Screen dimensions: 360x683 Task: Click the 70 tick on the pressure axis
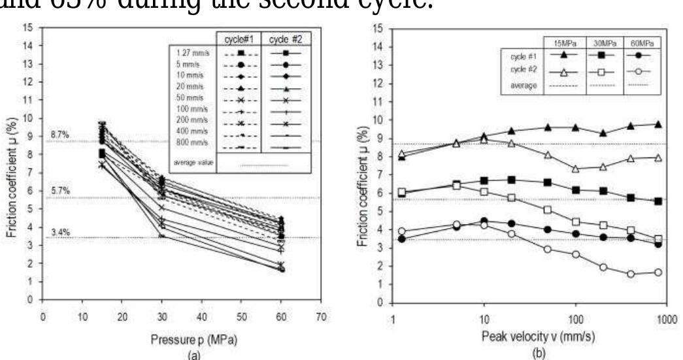(320, 313)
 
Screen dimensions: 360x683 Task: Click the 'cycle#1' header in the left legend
(241, 39)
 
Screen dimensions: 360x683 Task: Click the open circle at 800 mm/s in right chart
(657, 272)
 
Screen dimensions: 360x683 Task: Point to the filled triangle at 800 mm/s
(657, 124)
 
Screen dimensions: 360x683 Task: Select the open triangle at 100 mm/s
(575, 169)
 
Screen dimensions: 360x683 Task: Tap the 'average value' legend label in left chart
(190, 161)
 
